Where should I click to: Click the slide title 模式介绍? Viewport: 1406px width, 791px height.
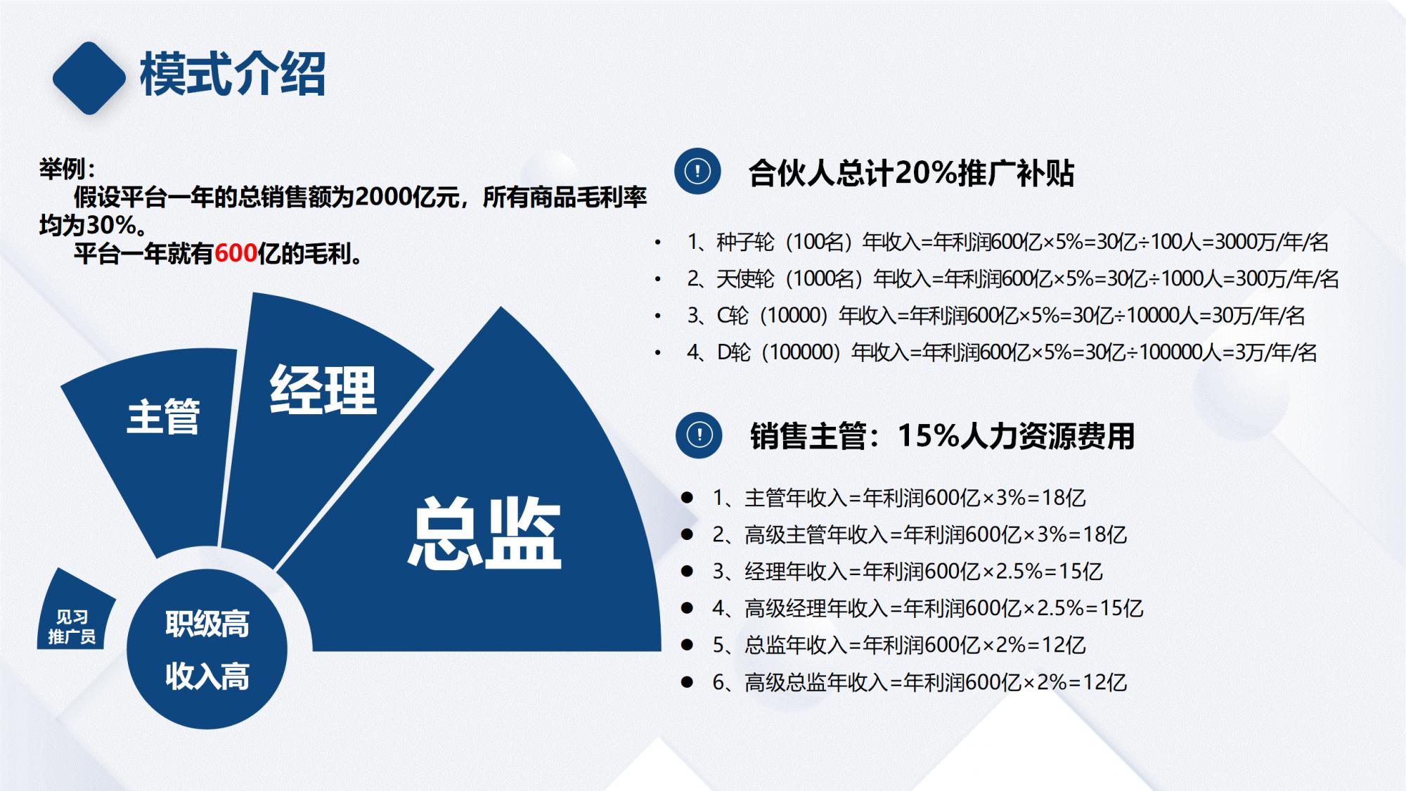232,75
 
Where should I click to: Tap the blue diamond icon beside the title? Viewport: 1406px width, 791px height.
89,77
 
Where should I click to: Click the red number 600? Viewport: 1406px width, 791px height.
236,254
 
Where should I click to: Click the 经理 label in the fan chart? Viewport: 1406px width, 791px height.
323,390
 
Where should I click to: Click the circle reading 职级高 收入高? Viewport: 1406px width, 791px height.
207,649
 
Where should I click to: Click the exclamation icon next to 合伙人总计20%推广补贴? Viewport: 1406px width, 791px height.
697,171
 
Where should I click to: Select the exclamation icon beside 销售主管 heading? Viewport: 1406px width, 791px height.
699,435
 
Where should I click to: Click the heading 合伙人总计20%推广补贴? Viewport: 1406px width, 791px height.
911,173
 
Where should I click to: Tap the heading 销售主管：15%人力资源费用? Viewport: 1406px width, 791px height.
942,436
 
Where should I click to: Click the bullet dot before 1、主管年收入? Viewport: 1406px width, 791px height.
688,498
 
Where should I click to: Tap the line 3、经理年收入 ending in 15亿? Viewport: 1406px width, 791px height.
907,572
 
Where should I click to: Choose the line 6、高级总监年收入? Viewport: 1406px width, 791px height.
920,682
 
